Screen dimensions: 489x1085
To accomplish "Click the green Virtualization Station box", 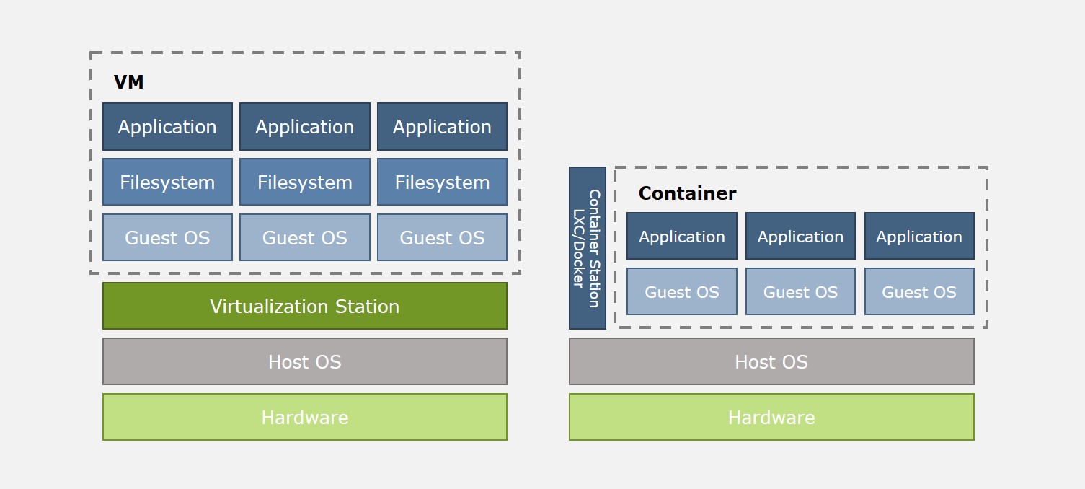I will pos(304,306).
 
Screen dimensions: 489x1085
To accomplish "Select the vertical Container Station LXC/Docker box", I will pos(587,248).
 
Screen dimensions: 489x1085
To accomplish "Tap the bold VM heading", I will pos(129,82).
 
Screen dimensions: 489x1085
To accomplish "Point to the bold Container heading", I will pos(687,193).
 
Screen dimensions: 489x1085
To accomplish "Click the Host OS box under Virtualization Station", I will pos(304,361).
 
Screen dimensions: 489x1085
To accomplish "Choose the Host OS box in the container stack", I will pos(771,361).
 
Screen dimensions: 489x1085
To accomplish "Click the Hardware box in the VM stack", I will pos(304,417).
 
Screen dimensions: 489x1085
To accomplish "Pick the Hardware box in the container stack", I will pos(771,417).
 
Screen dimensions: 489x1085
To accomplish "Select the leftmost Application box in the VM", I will pos(167,127).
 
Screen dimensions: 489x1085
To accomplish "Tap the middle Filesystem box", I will pos(304,182).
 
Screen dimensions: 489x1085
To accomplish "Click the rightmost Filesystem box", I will pos(442,182).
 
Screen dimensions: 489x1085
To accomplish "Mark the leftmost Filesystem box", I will pos(167,182).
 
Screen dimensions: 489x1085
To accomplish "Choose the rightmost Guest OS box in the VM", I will pos(442,237).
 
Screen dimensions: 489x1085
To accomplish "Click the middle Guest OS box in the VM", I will pos(304,237).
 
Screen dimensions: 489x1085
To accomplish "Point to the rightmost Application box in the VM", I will pos(442,127).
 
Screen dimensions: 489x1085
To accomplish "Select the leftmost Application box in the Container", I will pos(681,237).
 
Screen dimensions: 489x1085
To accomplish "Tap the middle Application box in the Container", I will pos(800,237).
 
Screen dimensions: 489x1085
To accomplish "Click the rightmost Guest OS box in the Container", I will pos(919,292).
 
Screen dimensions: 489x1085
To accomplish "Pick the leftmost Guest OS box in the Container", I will pos(681,292).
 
